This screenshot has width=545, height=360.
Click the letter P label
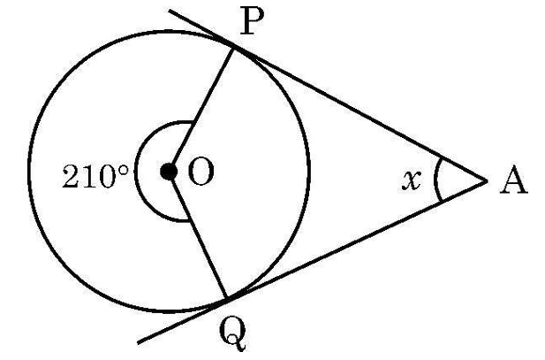point(252,21)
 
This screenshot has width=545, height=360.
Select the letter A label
point(514,180)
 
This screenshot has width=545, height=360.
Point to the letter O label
point(201,172)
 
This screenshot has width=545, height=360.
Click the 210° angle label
point(95,176)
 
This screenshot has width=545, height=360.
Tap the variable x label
point(412,180)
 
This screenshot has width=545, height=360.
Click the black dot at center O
point(169,172)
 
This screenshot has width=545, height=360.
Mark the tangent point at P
point(232,48)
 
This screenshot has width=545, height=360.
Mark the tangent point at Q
point(226,299)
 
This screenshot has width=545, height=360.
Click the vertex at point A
point(486,180)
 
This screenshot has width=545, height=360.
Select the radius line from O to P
point(201,110)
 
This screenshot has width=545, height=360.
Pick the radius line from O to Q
point(198,235)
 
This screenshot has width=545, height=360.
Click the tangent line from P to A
point(359,114)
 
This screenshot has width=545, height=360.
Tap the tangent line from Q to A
point(356,240)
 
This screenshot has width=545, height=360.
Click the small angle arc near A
point(435,180)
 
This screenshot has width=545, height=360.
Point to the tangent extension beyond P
point(201,28)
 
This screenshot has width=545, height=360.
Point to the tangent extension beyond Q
point(182,321)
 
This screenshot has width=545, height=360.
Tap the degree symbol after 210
point(123,170)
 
